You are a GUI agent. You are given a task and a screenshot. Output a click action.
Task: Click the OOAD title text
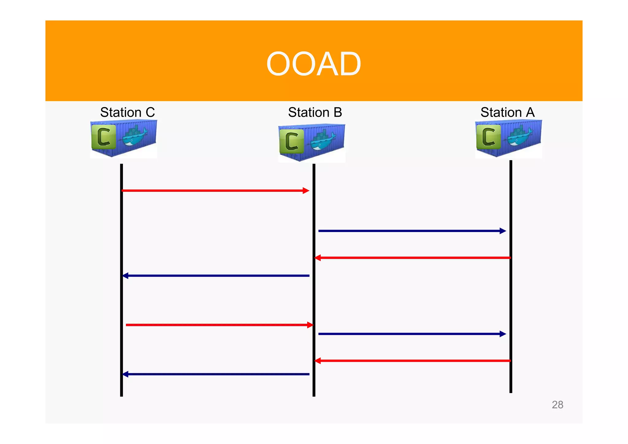(x=313, y=64)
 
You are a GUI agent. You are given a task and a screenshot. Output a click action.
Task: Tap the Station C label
(x=127, y=112)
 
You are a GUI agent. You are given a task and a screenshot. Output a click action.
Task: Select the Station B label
(x=315, y=112)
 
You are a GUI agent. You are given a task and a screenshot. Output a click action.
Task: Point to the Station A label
(x=507, y=112)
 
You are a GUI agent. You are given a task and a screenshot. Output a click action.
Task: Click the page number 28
(x=557, y=405)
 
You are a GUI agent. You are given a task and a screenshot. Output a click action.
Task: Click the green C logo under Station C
(x=104, y=137)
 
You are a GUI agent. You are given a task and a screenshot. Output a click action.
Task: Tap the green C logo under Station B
(x=292, y=141)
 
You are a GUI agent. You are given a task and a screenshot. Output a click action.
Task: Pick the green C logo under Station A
(x=488, y=137)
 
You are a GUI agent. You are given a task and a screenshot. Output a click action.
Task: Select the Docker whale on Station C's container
(x=135, y=136)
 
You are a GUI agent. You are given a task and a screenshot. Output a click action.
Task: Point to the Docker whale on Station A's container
(x=520, y=136)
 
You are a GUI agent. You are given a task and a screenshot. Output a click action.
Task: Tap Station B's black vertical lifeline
(x=314, y=301)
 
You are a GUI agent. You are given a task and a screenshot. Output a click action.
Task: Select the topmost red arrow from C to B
(x=215, y=191)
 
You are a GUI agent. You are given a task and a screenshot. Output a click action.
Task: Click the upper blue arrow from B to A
(x=411, y=231)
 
